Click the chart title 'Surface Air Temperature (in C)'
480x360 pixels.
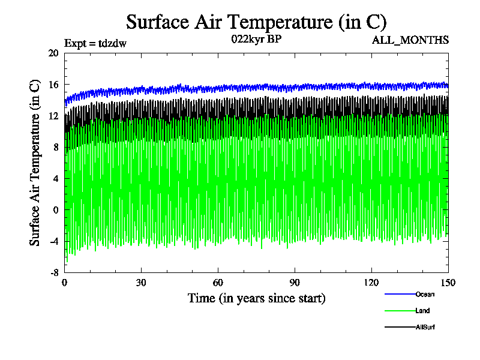pyautogui.click(x=256, y=22)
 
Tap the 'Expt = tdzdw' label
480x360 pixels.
pyautogui.click(x=95, y=43)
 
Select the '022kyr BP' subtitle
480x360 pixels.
pyautogui.click(x=256, y=40)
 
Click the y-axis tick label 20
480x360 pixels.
pyautogui.click(x=53, y=53)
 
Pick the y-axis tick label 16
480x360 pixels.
pyautogui.click(x=53, y=85)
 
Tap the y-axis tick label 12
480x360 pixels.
pyautogui.click(x=53, y=116)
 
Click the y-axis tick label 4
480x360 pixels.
pyautogui.click(x=55, y=179)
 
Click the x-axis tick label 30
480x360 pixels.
pyautogui.click(x=142, y=283)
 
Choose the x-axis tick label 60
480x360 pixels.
pyautogui.click(x=218, y=283)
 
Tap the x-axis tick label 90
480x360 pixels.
pyautogui.click(x=295, y=283)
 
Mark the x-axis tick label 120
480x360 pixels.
pyautogui.click(x=371, y=283)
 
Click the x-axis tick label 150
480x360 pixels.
pyautogui.click(x=448, y=283)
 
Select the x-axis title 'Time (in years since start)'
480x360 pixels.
pyautogui.click(x=256, y=298)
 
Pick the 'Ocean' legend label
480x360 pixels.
pyautogui.click(x=425, y=294)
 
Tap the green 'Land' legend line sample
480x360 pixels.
pyautogui.click(x=399, y=311)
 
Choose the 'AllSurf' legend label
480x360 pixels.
pyautogui.click(x=425, y=327)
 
